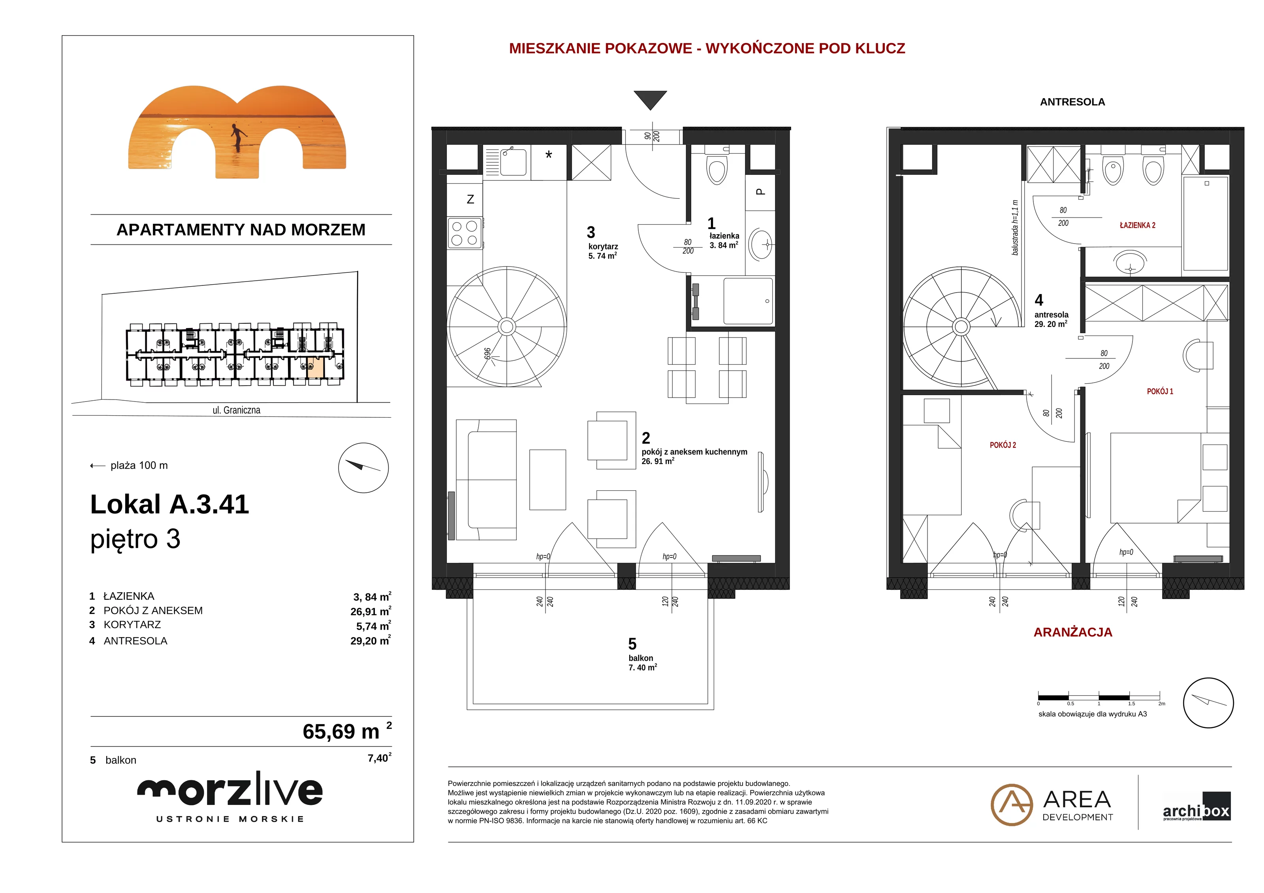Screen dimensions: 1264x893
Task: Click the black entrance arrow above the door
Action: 650,99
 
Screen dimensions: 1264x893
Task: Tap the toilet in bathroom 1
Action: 717,168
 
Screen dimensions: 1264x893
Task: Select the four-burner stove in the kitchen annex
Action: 465,233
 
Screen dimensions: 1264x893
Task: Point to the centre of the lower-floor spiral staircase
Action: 506,327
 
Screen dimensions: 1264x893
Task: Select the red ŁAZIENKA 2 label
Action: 1137,225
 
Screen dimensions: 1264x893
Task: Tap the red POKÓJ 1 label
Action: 1160,391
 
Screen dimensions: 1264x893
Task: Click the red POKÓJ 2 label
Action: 1003,445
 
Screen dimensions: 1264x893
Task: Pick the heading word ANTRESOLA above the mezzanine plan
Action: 1072,102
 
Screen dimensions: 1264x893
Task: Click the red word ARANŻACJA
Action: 1073,632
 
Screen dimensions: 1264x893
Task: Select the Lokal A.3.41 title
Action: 169,504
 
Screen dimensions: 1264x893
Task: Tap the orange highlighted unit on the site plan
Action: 315,368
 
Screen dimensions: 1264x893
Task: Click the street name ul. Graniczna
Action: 237,410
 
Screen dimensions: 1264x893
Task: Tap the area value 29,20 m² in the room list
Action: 371,640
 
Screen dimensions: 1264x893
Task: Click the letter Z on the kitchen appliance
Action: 470,199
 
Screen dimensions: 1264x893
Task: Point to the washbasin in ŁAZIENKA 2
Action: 1130,262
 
